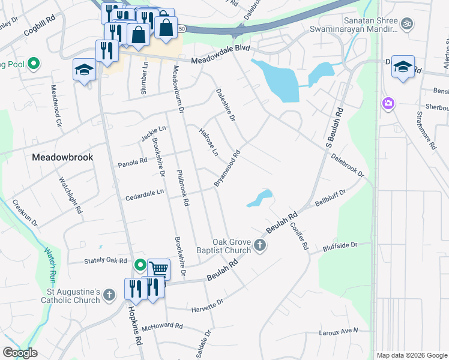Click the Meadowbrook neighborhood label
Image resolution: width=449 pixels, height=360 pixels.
pyautogui.click(x=62, y=157)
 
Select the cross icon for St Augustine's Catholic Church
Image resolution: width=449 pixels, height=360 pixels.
pyautogui.click(x=109, y=295)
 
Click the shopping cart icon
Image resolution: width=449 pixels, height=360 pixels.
pyautogui.click(x=158, y=270)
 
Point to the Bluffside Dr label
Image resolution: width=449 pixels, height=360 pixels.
pyautogui.click(x=339, y=245)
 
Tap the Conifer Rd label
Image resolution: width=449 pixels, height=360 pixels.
pyautogui.click(x=301, y=235)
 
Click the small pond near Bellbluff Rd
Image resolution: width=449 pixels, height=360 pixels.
pyautogui.click(x=259, y=198)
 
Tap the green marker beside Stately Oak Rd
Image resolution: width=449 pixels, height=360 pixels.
pyautogui.click(x=140, y=265)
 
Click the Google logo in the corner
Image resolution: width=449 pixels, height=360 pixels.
pyautogui.click(x=20, y=353)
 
